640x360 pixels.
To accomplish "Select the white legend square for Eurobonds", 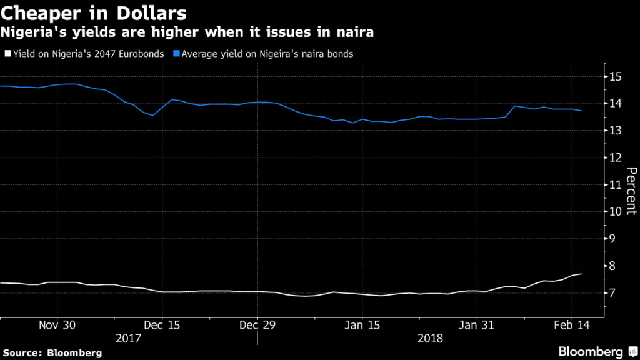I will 6,54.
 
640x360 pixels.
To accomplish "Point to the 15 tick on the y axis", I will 616,76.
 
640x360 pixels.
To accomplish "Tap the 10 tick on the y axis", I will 616,211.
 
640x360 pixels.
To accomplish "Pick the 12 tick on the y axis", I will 616,157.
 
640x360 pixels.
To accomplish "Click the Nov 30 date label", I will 57,326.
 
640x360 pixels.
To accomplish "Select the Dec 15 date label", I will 162,326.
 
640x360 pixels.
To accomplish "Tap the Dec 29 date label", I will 257,326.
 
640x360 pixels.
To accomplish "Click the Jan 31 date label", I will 477,326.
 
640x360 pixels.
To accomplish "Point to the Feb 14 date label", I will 572,326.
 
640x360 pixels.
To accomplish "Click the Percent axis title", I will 631,191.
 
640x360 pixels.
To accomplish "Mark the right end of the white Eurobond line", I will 582,274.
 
